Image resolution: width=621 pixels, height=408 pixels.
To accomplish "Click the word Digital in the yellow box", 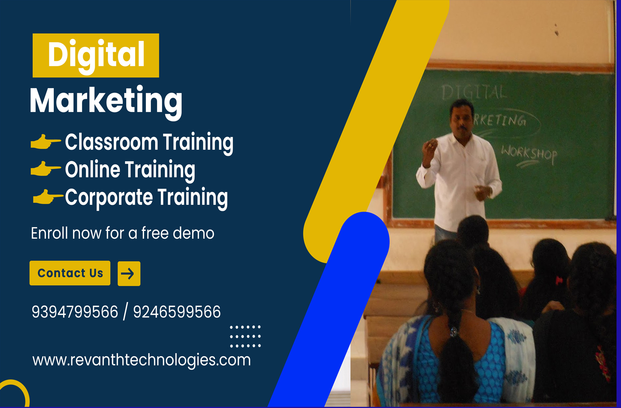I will coord(96,56).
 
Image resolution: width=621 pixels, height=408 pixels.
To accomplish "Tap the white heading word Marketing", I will coord(106,101).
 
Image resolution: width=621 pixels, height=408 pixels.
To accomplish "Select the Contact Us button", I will coord(70,273).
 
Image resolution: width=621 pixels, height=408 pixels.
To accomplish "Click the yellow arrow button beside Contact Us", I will coord(129,274).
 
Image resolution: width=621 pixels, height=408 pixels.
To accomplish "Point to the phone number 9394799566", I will coord(75,312).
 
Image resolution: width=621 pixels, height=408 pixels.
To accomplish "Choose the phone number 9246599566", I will coord(177,312).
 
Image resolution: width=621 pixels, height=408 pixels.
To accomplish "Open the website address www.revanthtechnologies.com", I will coord(141,360).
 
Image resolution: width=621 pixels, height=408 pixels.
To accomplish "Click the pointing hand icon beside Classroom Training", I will coord(45,142).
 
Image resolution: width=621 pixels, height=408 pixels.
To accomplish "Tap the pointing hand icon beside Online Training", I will coord(45,169).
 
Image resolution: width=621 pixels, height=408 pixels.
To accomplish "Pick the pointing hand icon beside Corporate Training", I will coord(47,197).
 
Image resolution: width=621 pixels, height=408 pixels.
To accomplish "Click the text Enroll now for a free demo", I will coord(122,233).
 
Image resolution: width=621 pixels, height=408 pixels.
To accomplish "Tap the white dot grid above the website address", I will coord(245,336).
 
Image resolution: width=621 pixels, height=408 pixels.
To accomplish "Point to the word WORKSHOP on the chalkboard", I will coord(529,153).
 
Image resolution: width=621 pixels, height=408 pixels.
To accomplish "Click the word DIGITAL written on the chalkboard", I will coord(474,92).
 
